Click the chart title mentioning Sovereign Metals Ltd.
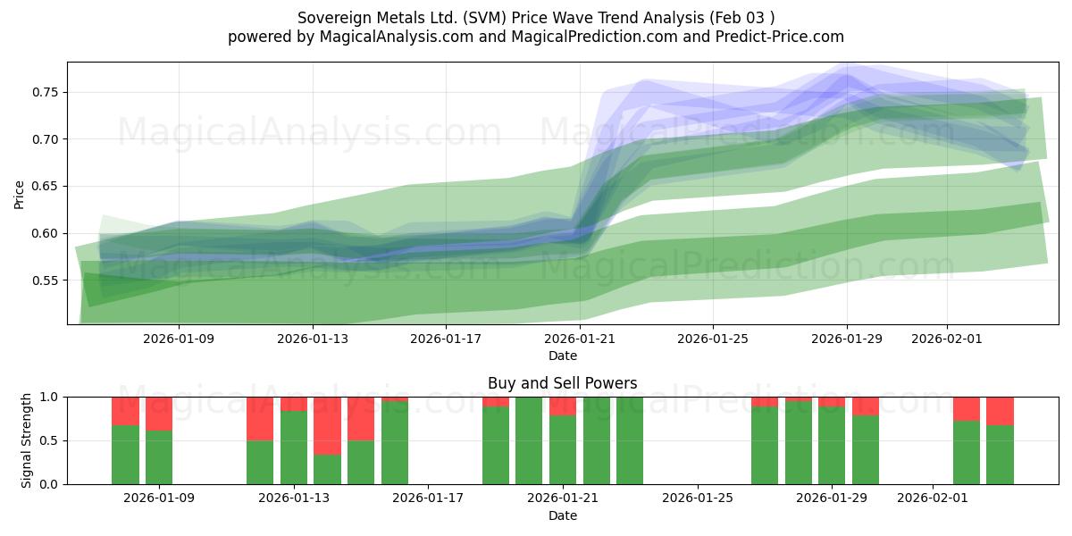(536, 17)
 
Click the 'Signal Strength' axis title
(27, 440)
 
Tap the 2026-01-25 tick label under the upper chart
(712, 339)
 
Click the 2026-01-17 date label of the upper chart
(446, 339)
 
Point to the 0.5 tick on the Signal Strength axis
(51, 440)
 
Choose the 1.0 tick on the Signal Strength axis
(51, 397)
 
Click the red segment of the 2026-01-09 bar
(159, 414)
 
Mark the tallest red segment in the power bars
(327, 426)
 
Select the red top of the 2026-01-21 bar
(563, 406)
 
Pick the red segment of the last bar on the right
(1000, 410)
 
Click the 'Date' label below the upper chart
(562, 356)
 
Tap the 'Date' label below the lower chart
(562, 515)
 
